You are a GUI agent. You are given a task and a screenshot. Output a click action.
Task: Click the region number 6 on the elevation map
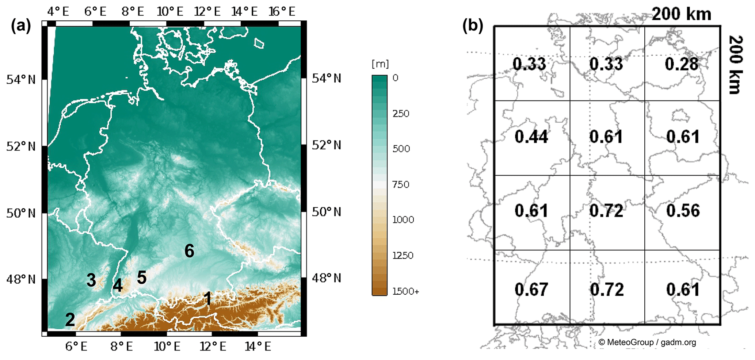pos(189,251)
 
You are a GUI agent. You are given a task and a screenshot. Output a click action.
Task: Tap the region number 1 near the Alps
pos(208,299)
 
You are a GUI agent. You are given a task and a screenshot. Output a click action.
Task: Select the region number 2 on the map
pos(70,320)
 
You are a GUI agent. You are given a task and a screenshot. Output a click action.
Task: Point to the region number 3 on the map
pos(91,280)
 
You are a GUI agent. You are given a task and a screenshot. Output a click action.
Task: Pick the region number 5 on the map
pos(142,277)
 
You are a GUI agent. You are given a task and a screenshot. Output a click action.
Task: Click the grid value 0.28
pos(681,64)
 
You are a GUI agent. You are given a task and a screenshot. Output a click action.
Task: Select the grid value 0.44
pos(531,137)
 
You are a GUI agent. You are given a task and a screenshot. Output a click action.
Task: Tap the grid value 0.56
pos(683,211)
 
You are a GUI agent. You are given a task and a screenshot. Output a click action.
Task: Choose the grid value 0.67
pos(531,290)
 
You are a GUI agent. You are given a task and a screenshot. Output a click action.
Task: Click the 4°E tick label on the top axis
pos(58,12)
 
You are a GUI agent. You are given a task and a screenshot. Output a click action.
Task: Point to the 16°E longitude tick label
pos(282,12)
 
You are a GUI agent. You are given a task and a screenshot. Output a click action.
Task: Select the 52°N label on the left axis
pos(21,146)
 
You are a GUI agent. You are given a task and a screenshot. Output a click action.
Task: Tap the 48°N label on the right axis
pos(326,278)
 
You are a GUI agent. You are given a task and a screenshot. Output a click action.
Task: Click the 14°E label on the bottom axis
pos(258,346)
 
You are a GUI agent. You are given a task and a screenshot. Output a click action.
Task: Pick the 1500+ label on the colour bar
pos(405,291)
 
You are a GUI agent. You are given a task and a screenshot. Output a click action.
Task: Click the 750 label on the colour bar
pos(401,184)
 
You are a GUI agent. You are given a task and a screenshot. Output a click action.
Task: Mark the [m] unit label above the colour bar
pos(380,64)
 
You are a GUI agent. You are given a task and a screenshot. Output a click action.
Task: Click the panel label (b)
pos(473,26)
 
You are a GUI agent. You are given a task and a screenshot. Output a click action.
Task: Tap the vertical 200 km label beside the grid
pos(735,65)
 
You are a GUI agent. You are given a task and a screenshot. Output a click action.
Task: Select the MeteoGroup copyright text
pos(647,342)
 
